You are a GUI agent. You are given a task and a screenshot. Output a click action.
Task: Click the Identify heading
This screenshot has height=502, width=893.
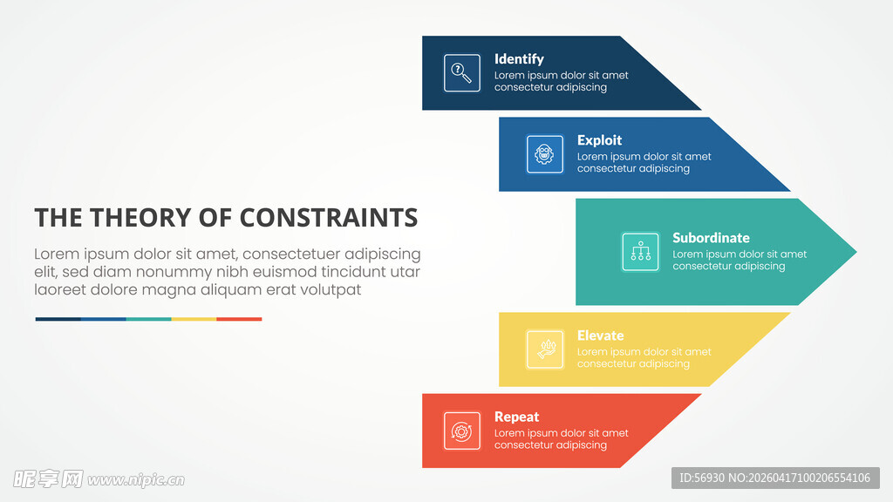point(519,59)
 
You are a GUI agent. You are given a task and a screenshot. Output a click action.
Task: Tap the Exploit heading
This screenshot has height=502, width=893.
point(599,140)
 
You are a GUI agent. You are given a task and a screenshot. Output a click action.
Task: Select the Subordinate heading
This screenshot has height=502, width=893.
point(711,237)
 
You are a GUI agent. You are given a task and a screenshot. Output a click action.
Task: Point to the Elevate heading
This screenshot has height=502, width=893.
point(600,336)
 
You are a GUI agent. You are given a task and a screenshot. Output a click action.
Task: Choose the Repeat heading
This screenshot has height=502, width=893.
point(516,417)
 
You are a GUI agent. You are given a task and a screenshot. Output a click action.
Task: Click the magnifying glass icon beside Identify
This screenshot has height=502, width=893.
point(462,73)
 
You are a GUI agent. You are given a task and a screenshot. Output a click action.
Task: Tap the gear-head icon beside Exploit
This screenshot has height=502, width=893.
point(544,153)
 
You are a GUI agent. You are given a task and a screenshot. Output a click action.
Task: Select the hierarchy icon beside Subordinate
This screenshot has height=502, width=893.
point(641,252)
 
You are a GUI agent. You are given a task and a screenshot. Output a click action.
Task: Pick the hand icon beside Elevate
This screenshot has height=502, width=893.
point(545,349)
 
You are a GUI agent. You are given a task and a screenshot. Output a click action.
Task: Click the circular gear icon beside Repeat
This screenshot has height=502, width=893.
point(462,431)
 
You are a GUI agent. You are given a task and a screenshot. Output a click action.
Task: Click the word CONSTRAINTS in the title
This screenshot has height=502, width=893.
point(329,217)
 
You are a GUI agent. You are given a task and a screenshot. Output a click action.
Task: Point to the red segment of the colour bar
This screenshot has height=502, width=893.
point(239,319)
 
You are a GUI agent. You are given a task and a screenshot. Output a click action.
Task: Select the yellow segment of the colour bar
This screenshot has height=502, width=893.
point(194,319)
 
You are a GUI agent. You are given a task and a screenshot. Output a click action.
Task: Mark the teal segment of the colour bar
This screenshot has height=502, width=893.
point(148,319)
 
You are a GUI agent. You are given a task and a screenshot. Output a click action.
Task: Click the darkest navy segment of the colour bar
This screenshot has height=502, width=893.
point(58,319)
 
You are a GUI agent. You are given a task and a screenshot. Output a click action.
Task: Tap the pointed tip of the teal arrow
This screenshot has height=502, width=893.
point(856,252)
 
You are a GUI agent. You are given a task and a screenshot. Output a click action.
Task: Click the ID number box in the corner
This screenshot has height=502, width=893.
point(775,478)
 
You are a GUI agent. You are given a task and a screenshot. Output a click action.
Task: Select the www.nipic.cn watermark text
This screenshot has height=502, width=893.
point(136,480)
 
